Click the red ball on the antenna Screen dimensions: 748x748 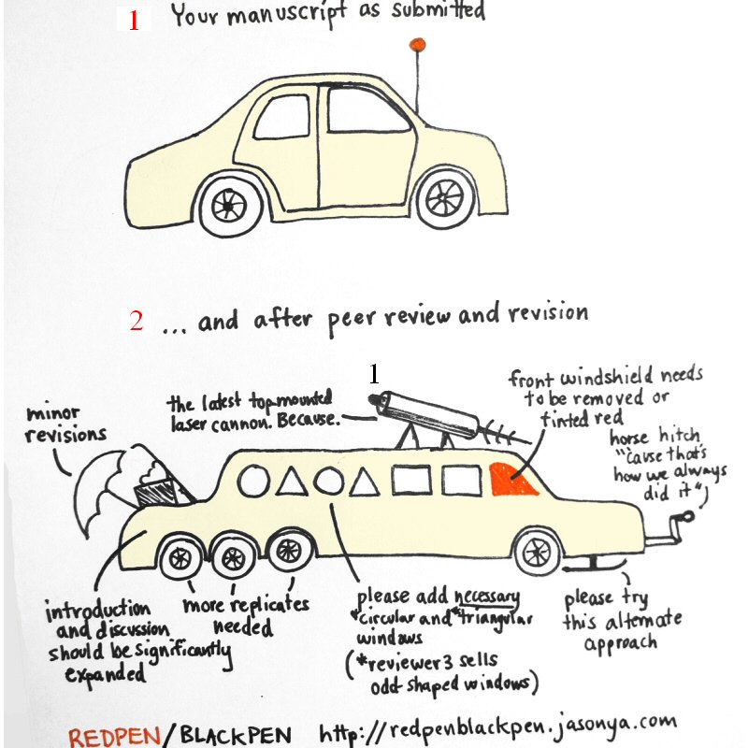[x=417, y=43]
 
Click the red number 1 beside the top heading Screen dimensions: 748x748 [x=133, y=21]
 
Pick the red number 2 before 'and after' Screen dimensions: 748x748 [x=137, y=322]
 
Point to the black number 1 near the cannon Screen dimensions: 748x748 [x=373, y=374]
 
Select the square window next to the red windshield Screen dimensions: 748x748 [x=461, y=480]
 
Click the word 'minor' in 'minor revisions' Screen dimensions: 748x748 [x=52, y=412]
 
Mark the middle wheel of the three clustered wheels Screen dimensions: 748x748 [x=230, y=559]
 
